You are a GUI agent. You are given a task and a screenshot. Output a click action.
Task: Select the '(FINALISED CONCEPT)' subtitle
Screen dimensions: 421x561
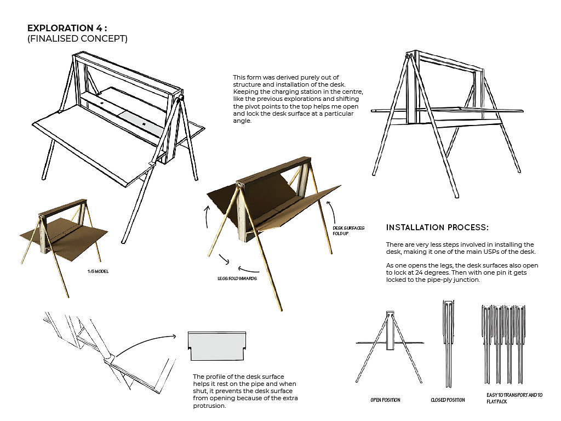click(x=77, y=39)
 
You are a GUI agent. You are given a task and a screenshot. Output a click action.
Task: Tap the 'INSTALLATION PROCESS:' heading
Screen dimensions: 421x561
click(x=437, y=227)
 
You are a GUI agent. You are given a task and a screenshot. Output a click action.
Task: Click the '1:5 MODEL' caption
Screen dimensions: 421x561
click(x=94, y=271)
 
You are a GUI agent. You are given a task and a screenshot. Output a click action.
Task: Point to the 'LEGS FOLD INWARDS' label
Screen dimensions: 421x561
click(x=236, y=278)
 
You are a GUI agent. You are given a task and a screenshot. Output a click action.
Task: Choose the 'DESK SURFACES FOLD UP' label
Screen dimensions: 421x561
click(x=349, y=231)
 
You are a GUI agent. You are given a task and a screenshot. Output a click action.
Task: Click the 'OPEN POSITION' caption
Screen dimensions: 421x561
click(x=385, y=400)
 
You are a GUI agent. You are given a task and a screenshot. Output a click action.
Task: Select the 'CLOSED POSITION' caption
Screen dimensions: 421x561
click(x=448, y=400)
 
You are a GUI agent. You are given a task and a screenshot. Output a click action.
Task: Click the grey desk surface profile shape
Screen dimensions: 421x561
click(x=217, y=346)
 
